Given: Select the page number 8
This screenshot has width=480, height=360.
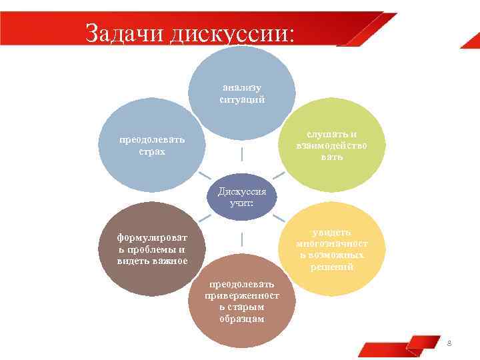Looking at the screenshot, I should pos(449,343).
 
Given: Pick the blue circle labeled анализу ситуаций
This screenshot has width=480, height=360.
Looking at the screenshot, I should pos(242,93).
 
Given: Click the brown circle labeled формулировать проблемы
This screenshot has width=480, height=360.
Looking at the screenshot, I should pos(151,249).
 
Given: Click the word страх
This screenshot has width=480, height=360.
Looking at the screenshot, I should pos(152,152).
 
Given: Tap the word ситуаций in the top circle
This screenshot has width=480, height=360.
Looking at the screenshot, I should pos(242,99).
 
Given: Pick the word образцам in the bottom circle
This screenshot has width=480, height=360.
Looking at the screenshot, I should pos(242,319).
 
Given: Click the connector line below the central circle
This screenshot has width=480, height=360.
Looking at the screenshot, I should pos(241,239).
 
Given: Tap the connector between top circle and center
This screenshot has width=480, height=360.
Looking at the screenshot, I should pos(241,154).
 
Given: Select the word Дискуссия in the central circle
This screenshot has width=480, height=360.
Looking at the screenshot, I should pos(241,192).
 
